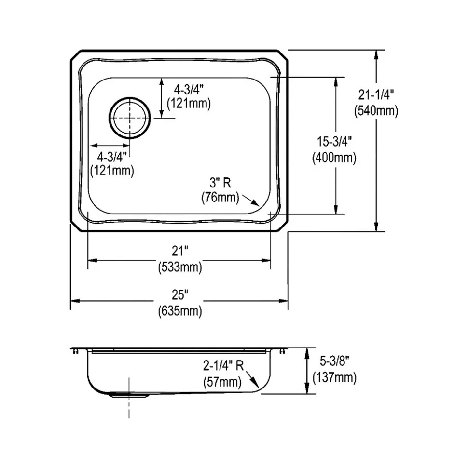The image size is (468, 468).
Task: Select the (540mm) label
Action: click(x=376, y=111)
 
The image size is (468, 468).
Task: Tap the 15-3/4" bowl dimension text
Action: click(x=334, y=141)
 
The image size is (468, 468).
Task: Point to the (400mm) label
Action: click(x=334, y=158)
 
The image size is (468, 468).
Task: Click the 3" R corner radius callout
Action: click(x=220, y=182)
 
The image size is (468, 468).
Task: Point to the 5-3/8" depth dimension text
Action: click(x=334, y=361)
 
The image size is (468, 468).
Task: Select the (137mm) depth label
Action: click(x=334, y=377)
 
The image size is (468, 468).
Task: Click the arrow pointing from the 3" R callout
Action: click(x=251, y=200)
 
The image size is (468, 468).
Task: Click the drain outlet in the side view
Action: click(x=129, y=395)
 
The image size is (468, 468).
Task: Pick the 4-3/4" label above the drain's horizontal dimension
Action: click(x=112, y=156)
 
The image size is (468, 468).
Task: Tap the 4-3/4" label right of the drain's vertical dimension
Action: click(x=189, y=89)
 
